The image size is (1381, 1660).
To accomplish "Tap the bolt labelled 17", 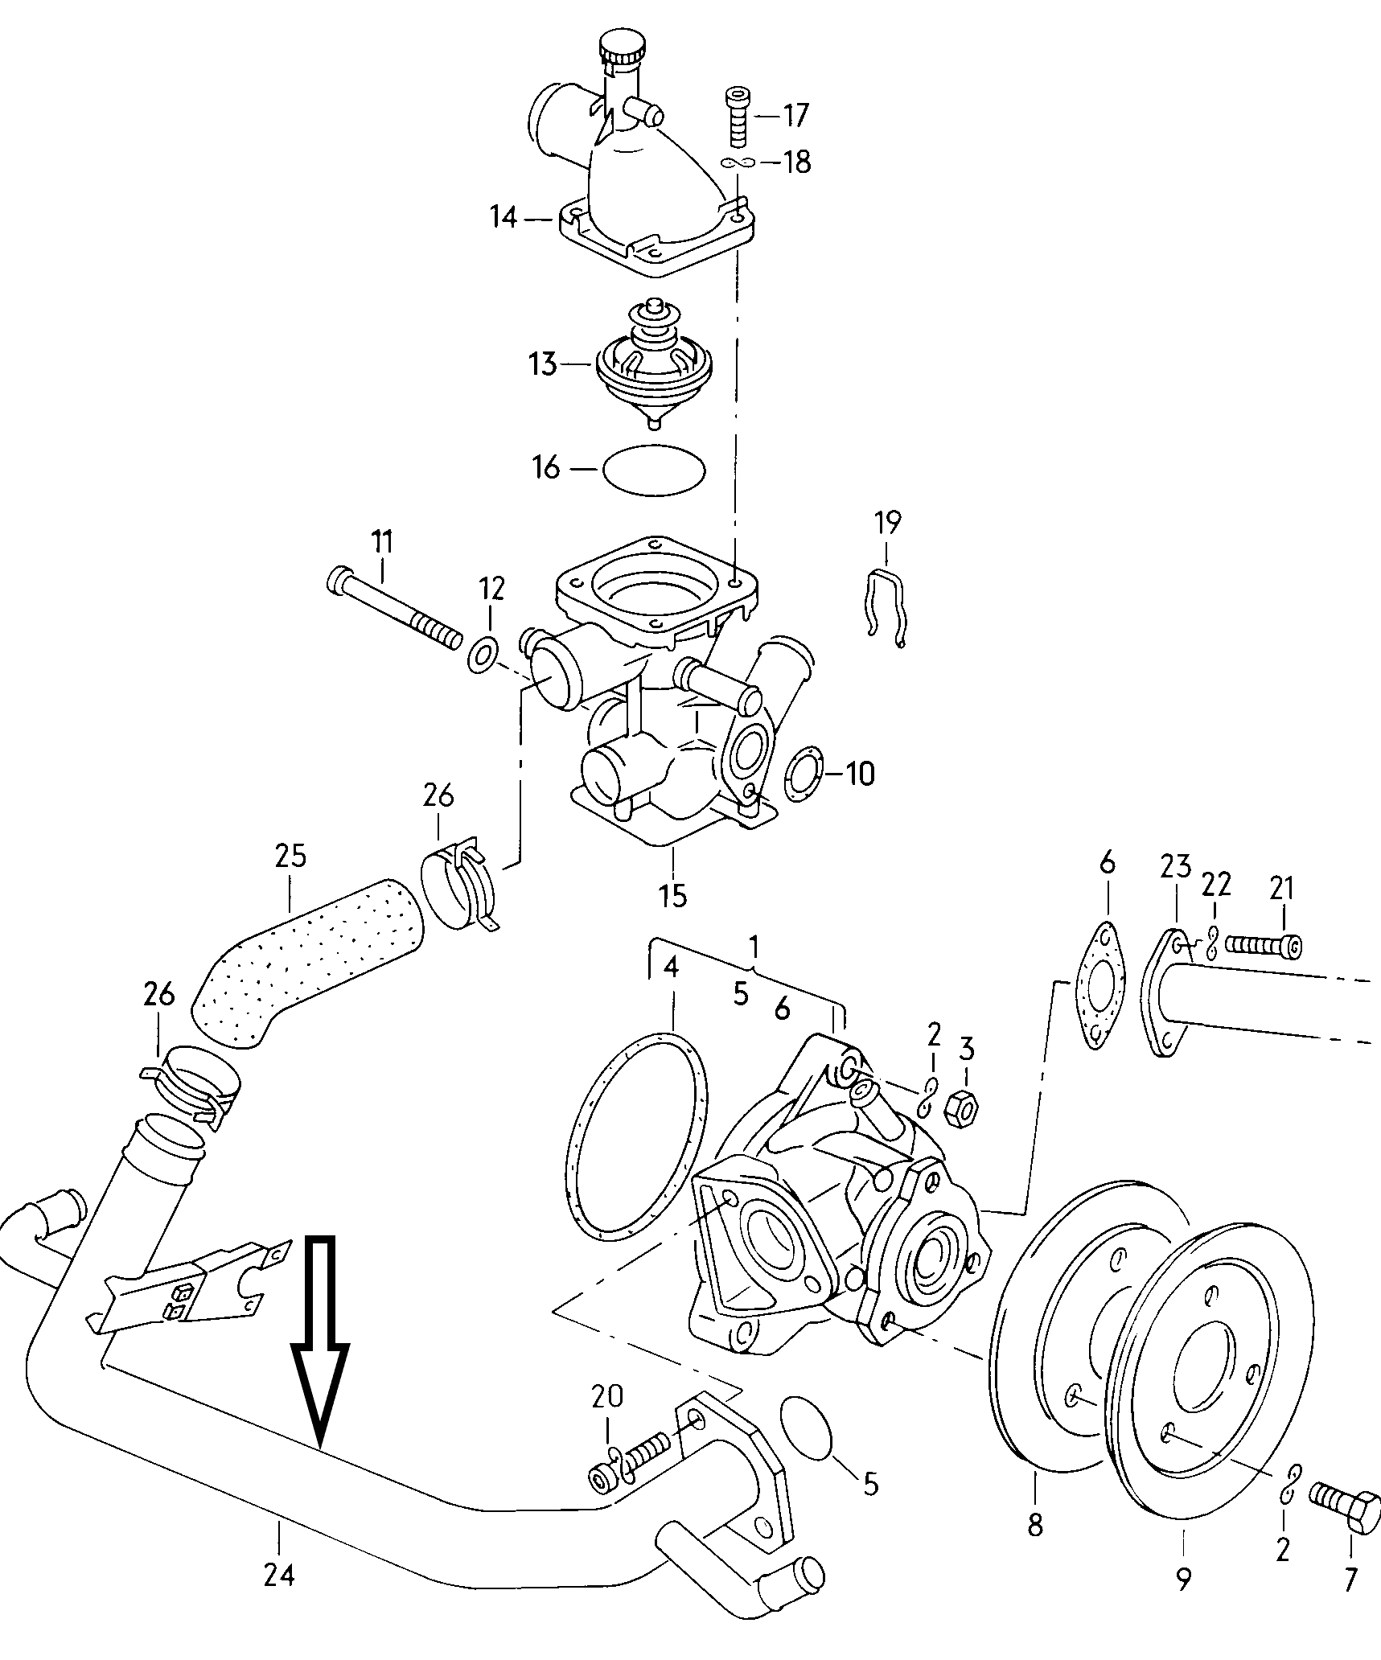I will click(x=738, y=116).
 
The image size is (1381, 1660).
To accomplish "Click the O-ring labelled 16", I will click(x=653, y=468).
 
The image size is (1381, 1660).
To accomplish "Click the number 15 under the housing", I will click(x=673, y=894).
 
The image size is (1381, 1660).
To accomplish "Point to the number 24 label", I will click(x=279, y=1575).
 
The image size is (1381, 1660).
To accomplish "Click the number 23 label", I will click(x=1175, y=868).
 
